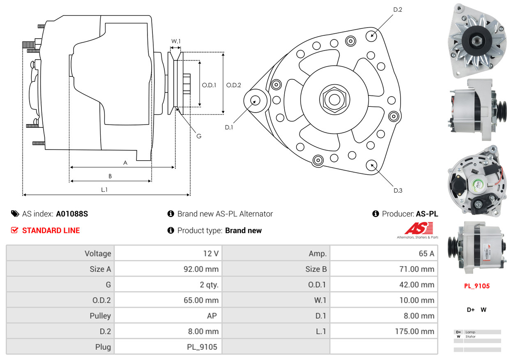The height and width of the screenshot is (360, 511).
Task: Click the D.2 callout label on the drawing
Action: [398, 9]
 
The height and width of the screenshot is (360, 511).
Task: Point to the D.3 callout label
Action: [398, 190]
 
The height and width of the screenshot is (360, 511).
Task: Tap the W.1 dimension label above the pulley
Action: [176, 41]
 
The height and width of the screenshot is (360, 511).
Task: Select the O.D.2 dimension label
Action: [233, 85]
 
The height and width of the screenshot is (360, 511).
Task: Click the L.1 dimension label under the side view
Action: [104, 189]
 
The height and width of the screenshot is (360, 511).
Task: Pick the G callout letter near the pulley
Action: [199, 136]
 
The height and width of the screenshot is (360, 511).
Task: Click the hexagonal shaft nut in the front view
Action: [334, 100]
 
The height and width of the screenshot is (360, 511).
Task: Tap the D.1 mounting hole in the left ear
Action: [255, 100]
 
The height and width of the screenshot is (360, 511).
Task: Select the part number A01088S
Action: [72, 214]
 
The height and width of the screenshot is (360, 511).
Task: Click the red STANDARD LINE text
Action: [51, 230]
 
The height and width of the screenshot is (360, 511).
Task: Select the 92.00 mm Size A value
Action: [201, 269]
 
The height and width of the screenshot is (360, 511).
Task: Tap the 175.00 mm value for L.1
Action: [414, 331]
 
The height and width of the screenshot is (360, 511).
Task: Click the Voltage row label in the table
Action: [98, 254]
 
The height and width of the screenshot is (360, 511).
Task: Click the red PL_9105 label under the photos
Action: [477, 286]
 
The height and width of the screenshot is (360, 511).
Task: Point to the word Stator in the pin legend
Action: [470, 337]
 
